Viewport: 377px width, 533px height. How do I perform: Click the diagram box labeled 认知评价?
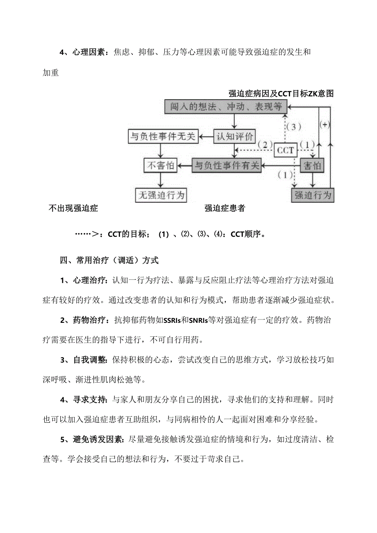[235, 136]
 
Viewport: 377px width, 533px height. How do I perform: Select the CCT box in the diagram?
[285, 150]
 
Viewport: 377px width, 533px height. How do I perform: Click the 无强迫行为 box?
[161, 195]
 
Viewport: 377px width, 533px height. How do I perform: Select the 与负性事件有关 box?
[227, 166]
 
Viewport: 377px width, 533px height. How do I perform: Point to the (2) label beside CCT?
[265, 144]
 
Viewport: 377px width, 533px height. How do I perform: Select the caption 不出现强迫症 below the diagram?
[73, 208]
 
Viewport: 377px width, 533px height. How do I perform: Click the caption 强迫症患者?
[225, 208]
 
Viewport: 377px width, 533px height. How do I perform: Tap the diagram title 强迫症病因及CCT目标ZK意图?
[281, 94]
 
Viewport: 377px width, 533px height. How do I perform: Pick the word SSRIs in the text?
[172, 320]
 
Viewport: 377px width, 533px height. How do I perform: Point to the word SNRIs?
[198, 320]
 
